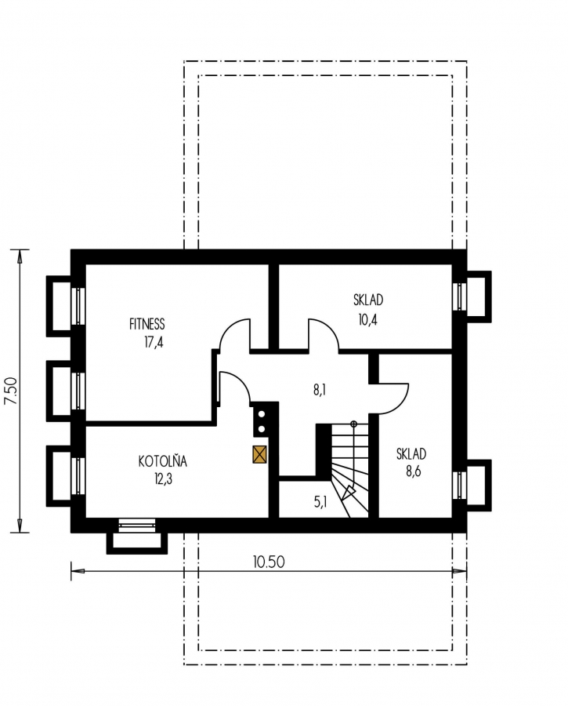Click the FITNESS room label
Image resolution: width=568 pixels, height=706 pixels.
point(147,324)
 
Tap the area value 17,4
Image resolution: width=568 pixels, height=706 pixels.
point(154,343)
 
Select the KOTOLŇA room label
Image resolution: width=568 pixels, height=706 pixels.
point(162,461)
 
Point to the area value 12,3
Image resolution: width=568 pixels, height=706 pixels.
point(163,479)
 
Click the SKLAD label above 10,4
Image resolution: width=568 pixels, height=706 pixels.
point(368,300)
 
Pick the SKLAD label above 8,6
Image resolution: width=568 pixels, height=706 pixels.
point(411,454)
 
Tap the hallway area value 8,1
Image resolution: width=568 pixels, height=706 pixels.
point(320,390)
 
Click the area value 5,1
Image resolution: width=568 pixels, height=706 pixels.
point(320,501)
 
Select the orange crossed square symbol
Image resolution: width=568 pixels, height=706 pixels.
point(259,454)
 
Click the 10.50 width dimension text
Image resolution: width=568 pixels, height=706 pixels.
point(269,562)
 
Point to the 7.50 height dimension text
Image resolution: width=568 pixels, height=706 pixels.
point(11,391)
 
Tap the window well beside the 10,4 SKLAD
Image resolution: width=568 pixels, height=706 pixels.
point(479,297)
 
